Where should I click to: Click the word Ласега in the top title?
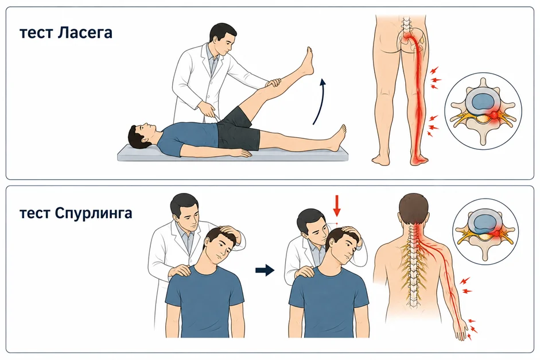84,33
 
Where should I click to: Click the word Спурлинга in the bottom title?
94,213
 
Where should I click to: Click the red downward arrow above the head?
337,206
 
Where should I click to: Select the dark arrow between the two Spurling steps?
265,270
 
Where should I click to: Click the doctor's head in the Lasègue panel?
223,38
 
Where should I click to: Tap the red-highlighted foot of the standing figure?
419,159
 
